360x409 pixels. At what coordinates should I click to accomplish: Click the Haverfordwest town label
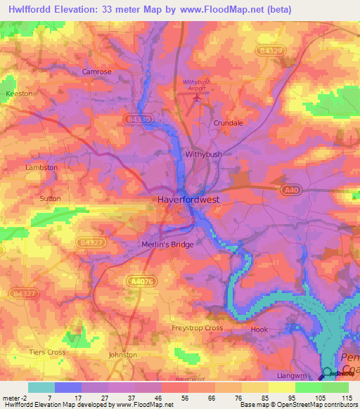tap(188, 200)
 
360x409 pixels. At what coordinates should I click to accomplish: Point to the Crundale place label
tap(228, 123)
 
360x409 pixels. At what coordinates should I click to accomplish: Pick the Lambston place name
tap(41, 168)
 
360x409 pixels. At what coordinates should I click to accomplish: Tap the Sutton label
tap(50, 199)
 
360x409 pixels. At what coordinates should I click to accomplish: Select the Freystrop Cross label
tap(198, 328)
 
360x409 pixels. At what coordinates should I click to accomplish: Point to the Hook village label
tap(260, 329)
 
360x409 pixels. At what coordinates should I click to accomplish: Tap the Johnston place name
tap(123, 355)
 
